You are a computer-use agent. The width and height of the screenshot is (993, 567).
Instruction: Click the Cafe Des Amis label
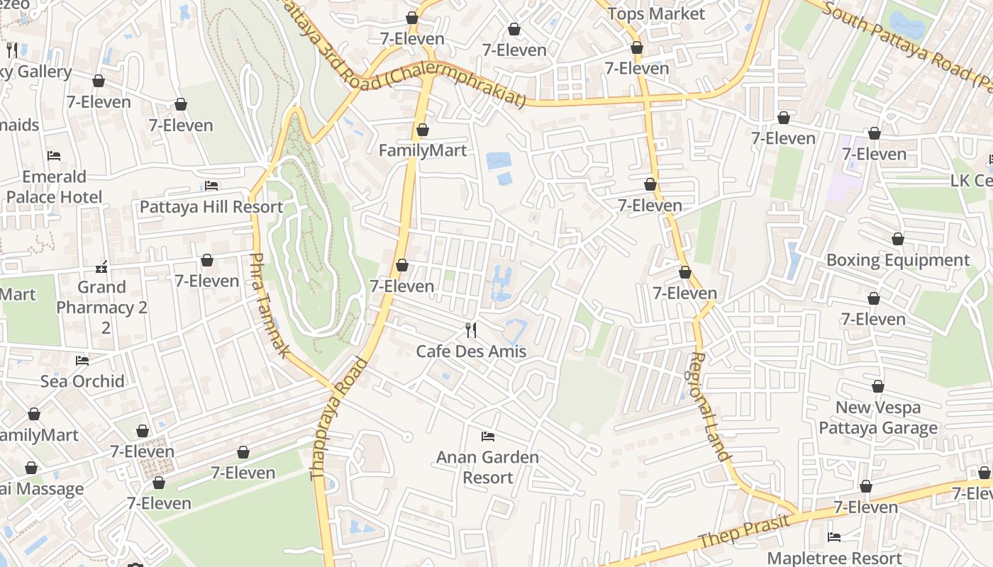tap(471, 351)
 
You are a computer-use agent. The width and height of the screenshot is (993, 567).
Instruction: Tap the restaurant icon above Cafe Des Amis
tap(470, 330)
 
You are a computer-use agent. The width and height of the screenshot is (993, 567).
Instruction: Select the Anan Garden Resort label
tap(487, 467)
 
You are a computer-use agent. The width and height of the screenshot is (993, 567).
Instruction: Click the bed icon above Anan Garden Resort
tap(487, 436)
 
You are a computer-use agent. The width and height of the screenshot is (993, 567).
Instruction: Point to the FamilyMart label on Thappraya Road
tap(423, 150)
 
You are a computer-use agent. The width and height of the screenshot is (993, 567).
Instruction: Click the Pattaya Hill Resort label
tap(211, 207)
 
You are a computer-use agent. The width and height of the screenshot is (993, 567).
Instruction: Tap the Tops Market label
tap(656, 13)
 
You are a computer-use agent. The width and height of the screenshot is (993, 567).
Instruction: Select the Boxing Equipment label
tap(897, 260)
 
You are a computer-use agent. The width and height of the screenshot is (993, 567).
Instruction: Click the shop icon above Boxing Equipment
tap(897, 239)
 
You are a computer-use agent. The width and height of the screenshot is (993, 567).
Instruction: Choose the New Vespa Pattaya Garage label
tap(878, 417)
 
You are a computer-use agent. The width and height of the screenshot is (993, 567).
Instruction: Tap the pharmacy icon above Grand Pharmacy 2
tap(102, 267)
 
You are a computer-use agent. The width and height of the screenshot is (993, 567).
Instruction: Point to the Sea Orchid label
tap(82, 381)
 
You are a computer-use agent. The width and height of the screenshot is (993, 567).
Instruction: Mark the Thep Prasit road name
tap(744, 531)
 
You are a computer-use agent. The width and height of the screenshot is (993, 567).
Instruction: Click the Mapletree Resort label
tap(834, 558)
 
